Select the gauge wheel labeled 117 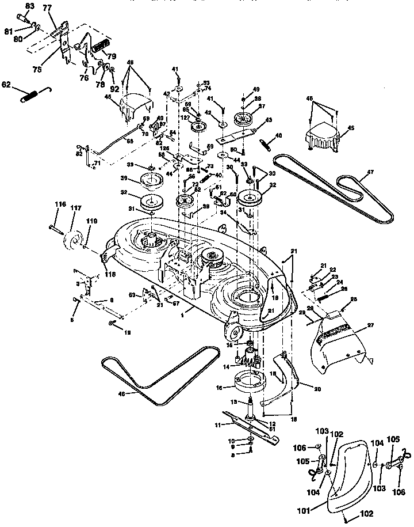pyautogui.click(x=73, y=241)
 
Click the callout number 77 pyautogui.click(x=47, y=9)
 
